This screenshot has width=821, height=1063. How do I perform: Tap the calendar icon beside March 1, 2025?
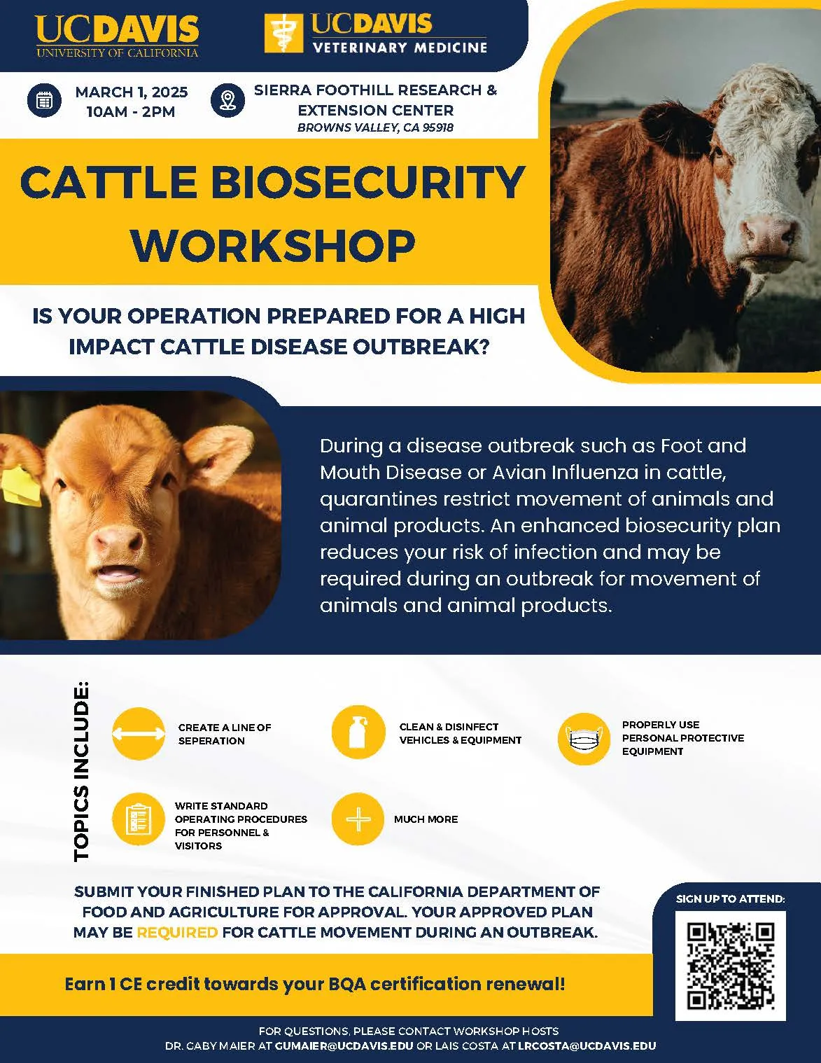tap(44, 100)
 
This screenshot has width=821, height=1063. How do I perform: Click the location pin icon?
tap(227, 100)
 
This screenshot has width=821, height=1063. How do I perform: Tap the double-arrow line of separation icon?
tap(139, 733)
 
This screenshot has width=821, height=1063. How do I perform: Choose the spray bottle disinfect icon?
tap(358, 732)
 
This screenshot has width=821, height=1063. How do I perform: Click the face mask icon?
tap(584, 738)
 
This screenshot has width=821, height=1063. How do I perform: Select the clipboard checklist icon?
tap(139, 819)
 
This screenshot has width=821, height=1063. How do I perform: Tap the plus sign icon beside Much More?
tap(358, 819)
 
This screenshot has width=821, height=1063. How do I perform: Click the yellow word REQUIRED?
tap(177, 932)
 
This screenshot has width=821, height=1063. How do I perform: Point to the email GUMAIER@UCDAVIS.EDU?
tap(344, 1045)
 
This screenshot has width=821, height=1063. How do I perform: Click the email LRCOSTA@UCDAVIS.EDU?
tap(587, 1045)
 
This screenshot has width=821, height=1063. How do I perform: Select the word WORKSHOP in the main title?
tap(273, 245)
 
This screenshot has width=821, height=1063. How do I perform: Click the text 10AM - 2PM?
tap(131, 111)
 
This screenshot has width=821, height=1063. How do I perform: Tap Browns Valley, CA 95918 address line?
tap(375, 127)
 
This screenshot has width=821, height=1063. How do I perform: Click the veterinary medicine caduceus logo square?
tap(283, 34)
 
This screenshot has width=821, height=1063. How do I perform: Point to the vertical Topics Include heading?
tap(81, 770)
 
